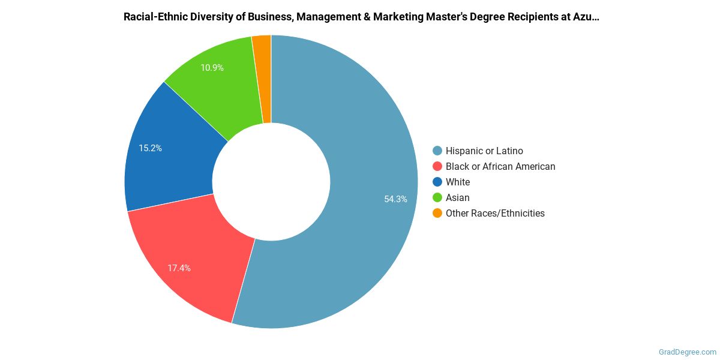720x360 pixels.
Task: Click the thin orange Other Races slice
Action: [263, 78]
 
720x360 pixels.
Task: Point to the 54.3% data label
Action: [395, 199]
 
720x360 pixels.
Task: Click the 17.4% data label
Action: [179, 268]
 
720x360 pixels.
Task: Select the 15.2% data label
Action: [150, 148]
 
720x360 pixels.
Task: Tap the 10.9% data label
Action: [212, 68]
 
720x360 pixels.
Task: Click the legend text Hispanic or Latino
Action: [484, 151]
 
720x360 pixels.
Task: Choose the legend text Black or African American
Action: [500, 166]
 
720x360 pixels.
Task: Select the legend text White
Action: [458, 182]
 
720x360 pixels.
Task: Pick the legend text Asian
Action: [458, 197]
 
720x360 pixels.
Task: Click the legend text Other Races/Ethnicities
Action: [495, 213]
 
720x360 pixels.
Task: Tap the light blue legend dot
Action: [437, 151]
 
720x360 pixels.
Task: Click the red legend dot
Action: [437, 166]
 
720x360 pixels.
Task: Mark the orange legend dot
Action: [437, 213]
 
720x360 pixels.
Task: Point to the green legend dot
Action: [437, 197]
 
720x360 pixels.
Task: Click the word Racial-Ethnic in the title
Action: [153, 16]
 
